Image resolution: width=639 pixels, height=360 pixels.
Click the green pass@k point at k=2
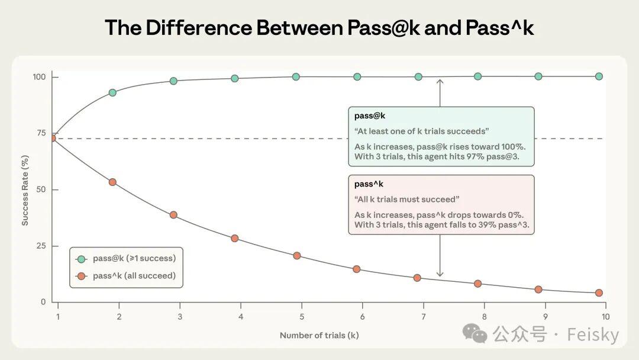click(112, 92)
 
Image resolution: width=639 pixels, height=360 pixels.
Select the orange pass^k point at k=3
click(173, 215)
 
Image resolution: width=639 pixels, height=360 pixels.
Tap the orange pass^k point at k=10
click(599, 292)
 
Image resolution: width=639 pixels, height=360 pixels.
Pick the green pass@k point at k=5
click(296, 76)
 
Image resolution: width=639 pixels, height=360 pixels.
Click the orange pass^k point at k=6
click(357, 269)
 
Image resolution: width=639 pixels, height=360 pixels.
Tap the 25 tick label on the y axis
click(40, 246)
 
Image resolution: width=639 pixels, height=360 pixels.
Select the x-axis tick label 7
click(424, 317)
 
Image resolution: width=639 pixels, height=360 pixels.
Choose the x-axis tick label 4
click(241, 317)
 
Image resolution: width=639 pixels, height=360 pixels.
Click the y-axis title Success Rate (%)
click(25, 189)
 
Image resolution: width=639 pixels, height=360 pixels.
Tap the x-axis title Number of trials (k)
click(319, 335)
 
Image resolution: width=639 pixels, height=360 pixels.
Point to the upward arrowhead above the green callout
click(440, 82)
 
